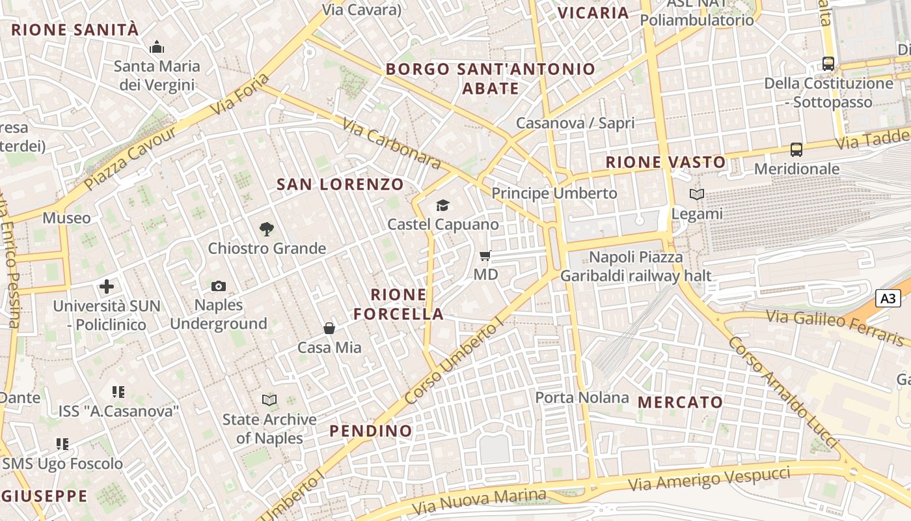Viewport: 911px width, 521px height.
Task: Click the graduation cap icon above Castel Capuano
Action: point(442,206)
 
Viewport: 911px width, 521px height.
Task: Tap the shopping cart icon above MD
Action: point(485,255)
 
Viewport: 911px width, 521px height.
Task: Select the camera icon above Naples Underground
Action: point(219,286)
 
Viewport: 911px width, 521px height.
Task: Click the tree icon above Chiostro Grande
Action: point(266,229)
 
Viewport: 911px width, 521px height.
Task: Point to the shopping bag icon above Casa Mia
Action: point(329,328)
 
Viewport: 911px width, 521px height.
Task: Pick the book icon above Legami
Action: point(697,194)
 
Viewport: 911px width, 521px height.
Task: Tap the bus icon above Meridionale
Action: point(796,150)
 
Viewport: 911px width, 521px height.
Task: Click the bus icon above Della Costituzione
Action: point(828,64)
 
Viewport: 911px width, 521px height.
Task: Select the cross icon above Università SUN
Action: point(107,287)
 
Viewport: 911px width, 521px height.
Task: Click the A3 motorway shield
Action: point(888,298)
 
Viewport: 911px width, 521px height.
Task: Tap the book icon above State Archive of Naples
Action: point(269,400)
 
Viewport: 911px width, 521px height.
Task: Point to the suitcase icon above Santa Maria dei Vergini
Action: point(156,47)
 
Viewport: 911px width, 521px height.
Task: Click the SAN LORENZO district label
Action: point(340,184)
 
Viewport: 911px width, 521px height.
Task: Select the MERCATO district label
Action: point(680,402)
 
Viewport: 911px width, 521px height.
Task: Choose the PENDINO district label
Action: point(370,430)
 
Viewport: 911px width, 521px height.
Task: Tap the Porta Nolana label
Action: point(582,397)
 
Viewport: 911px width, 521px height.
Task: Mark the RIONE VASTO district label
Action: point(665,162)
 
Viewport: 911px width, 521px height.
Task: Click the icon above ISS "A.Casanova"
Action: point(118,392)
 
